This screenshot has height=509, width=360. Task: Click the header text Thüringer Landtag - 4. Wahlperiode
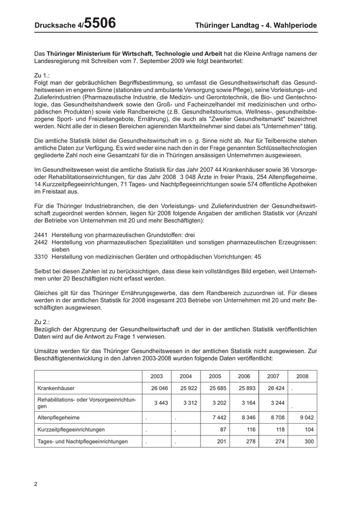click(256, 25)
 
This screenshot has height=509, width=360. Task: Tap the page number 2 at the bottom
click(35, 483)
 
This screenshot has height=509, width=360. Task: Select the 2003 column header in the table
click(156, 376)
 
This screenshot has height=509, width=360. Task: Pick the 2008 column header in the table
click(302, 376)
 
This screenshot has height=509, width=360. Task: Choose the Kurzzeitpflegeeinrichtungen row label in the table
click(71, 429)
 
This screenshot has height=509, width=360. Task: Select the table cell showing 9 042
click(304, 417)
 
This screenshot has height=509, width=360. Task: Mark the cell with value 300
click(309, 441)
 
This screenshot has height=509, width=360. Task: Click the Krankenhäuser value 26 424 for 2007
click(275, 388)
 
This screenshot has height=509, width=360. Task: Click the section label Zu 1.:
click(43, 75)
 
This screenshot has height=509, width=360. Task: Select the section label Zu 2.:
click(43, 321)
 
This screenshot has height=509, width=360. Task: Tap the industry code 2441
click(41, 234)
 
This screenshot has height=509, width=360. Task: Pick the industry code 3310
click(41, 256)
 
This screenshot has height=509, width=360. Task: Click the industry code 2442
click(41, 241)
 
